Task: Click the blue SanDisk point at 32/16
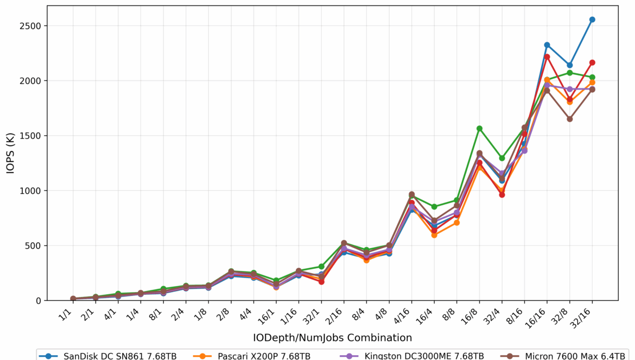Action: coord(592,20)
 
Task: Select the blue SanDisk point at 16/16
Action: coord(547,45)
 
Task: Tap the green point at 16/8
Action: coord(479,129)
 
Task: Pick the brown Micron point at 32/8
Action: coord(570,119)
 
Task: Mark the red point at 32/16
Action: coord(592,62)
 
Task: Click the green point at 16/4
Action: coord(434,207)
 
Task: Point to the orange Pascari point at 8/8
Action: coord(457,223)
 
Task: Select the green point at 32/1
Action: coord(321,267)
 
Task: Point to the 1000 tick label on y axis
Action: coord(30,191)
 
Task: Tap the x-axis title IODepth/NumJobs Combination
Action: coord(332,338)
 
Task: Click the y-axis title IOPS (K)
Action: coord(11,153)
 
